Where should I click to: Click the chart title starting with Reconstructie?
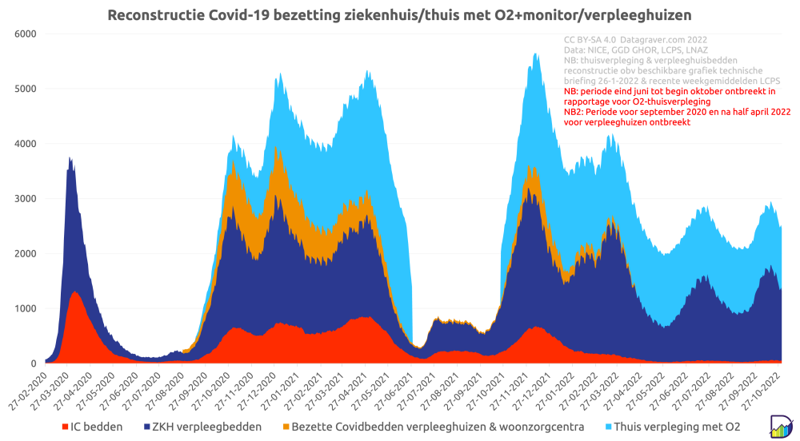click(x=399, y=15)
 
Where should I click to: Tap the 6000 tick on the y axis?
click(x=26, y=34)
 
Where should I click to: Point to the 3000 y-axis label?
click(x=26, y=199)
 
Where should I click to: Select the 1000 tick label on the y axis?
click(x=26, y=308)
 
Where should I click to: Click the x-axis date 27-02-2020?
click(x=32, y=387)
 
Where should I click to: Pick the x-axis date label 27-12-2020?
click(x=274, y=387)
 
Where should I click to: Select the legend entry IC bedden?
click(x=94, y=427)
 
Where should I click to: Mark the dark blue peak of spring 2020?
click(x=70, y=159)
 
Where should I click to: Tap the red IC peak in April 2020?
click(x=75, y=292)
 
